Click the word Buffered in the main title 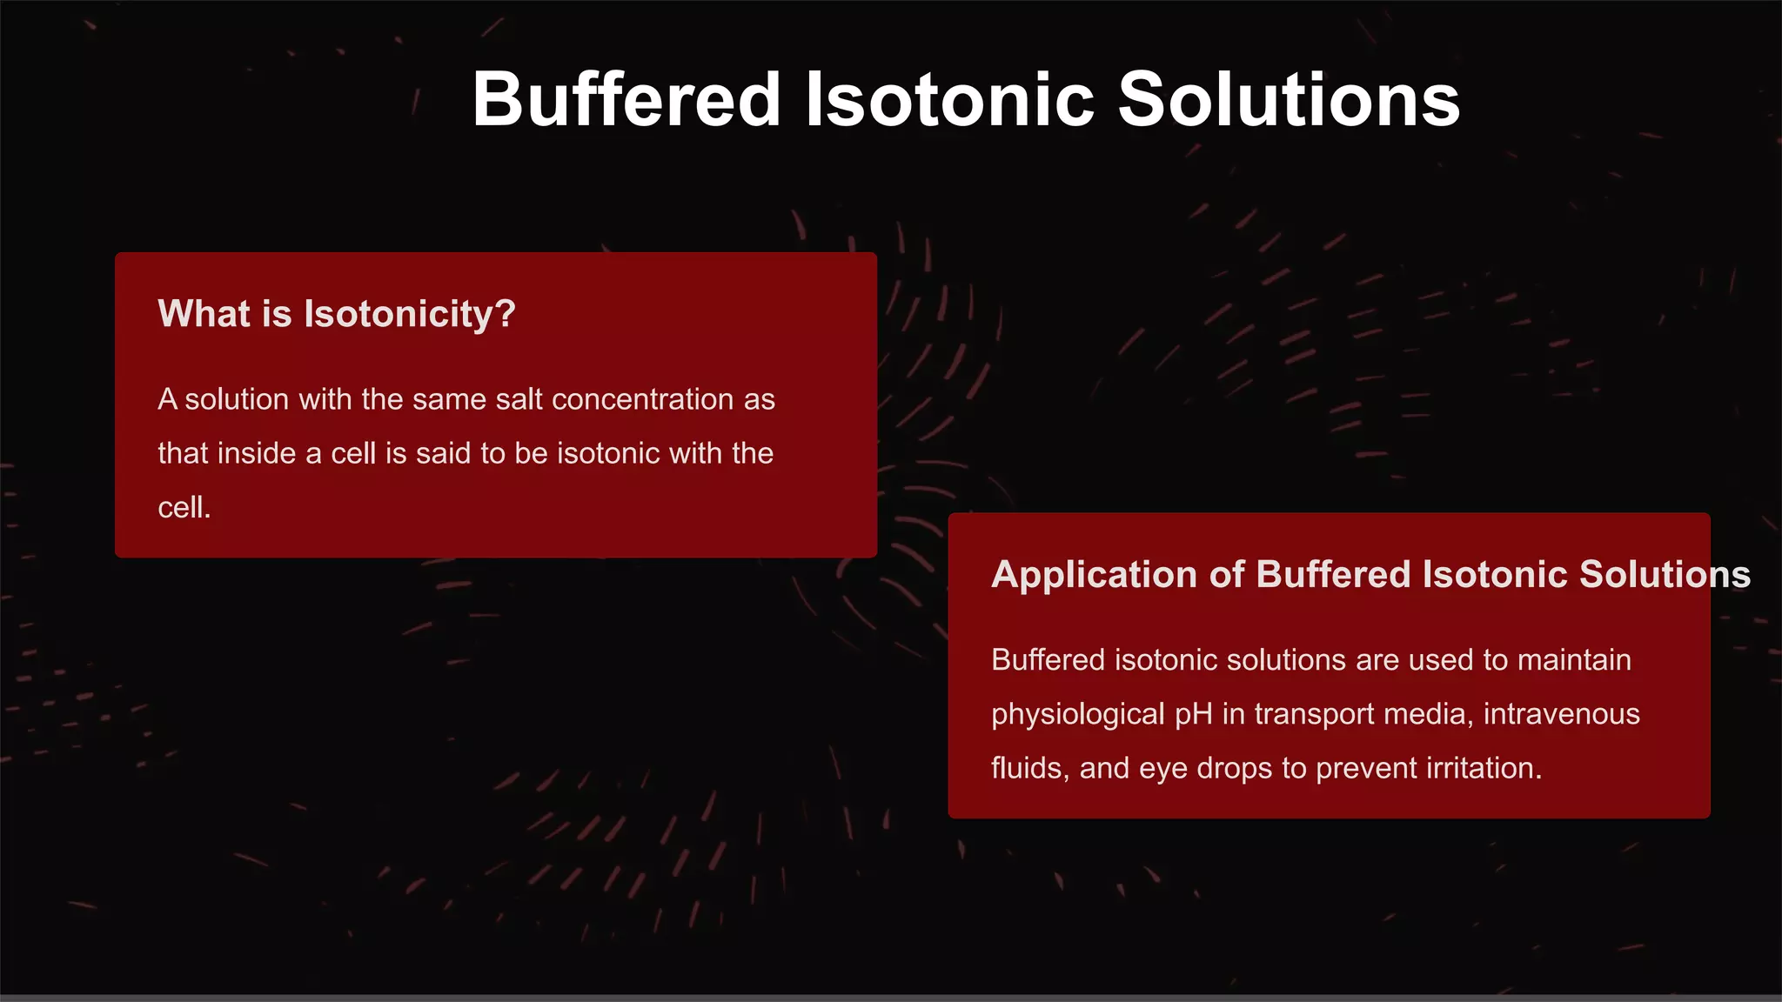coord(626,100)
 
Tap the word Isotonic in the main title coord(949,100)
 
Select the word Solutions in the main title coord(1289,100)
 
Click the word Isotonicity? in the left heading coord(409,314)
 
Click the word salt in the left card coord(519,399)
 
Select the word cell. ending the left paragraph coord(184,507)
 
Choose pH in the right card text coord(1193,714)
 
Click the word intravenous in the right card coord(1561,714)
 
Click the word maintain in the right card coord(1574,660)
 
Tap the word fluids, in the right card coord(1030,768)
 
